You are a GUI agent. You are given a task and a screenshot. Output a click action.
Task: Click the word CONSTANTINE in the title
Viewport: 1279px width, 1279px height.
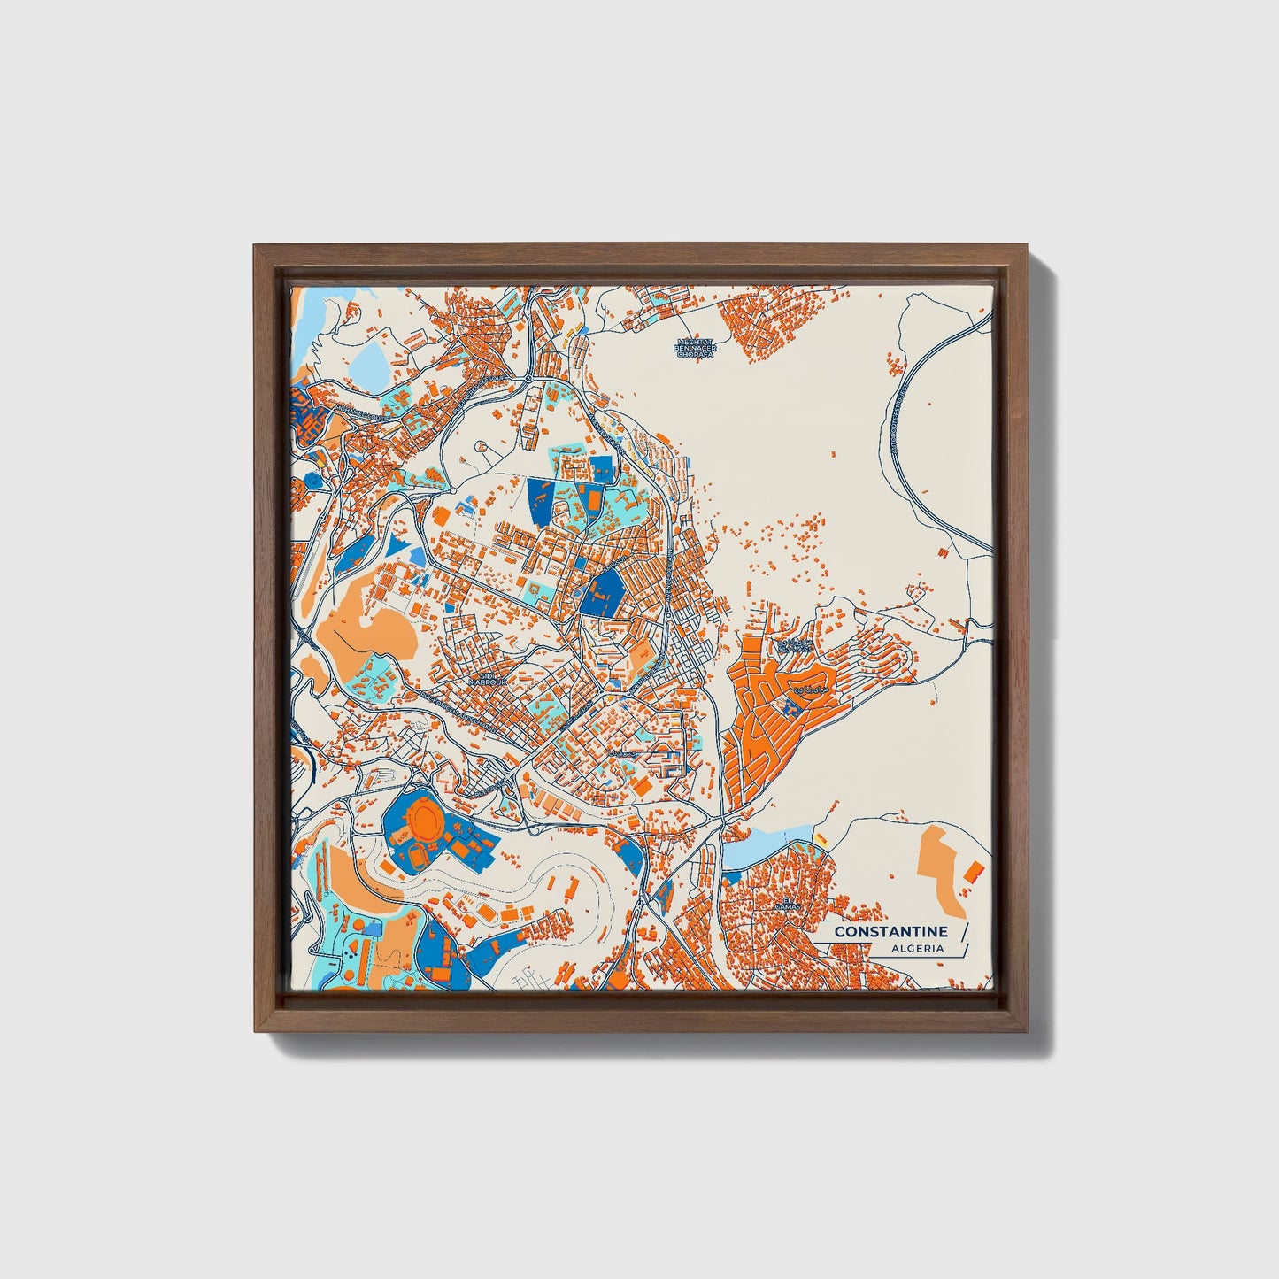(890, 932)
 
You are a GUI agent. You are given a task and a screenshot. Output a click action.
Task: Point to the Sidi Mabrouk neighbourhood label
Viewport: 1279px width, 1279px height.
(482, 678)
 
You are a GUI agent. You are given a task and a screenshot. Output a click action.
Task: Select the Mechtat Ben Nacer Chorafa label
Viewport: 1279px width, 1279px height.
(694, 348)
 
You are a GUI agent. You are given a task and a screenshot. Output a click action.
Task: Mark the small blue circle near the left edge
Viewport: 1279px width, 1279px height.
(312, 479)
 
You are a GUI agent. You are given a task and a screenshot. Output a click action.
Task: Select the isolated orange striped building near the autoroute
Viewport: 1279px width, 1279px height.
(944, 551)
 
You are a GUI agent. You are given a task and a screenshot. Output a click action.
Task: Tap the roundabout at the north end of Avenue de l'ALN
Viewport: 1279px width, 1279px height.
(528, 379)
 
